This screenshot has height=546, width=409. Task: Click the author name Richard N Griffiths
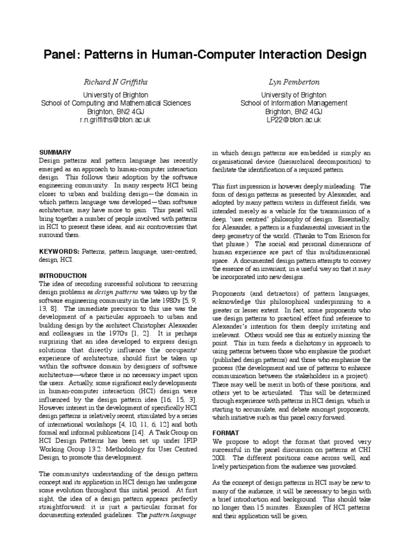tap(116, 83)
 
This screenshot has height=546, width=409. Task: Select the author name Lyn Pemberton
tap(293, 83)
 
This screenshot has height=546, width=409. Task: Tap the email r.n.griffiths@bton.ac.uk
tap(116, 120)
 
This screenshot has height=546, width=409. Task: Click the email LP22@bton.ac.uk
tap(293, 120)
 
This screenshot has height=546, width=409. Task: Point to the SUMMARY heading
tap(56, 152)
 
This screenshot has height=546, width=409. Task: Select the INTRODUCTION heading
tap(63, 276)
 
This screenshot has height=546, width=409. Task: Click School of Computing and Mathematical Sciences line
tap(116, 103)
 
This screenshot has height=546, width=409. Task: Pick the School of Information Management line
tap(293, 103)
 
